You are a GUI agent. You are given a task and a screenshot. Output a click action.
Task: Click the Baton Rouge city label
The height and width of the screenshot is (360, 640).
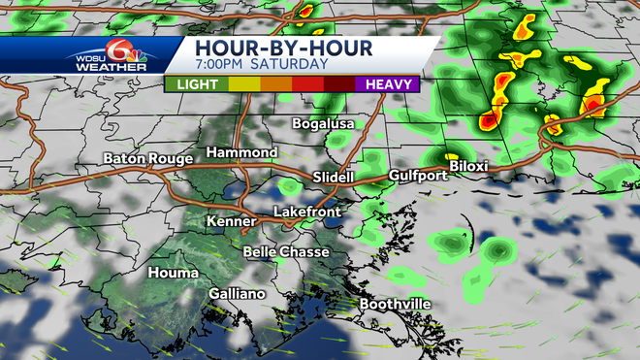145,159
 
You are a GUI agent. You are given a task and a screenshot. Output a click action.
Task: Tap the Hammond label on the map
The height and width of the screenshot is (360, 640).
241,153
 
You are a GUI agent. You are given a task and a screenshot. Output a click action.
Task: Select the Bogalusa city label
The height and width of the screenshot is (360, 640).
324,124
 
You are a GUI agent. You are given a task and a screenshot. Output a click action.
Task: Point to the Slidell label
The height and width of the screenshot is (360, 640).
336,178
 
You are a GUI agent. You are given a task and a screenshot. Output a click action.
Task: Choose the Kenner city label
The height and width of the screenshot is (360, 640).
232,222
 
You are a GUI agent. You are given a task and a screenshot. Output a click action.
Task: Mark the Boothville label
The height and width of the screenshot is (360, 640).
395,305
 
